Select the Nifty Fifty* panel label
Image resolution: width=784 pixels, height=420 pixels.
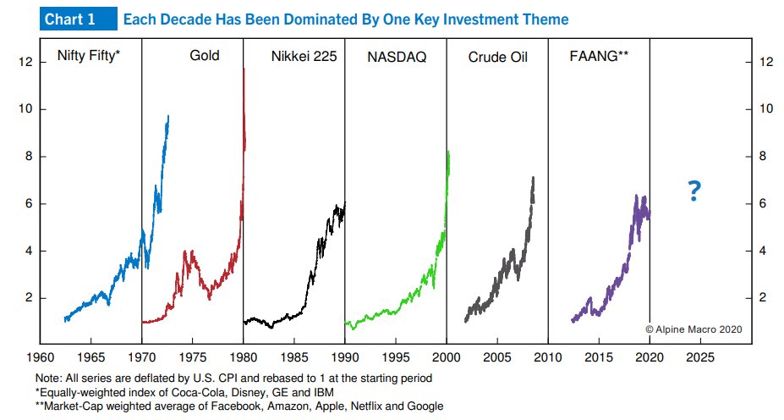coord(87,57)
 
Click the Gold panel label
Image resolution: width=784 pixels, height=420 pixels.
coord(204,57)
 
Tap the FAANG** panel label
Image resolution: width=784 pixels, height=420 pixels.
coord(600,57)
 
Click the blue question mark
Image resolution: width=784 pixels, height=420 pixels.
coord(694,192)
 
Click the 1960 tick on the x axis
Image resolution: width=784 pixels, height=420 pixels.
coord(40,358)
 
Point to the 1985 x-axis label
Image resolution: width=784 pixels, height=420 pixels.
coord(294,358)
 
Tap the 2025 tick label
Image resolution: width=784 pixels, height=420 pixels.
coord(700,358)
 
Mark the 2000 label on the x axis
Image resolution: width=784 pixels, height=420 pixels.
coord(447,358)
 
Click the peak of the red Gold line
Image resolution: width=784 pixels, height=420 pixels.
coord(244,69)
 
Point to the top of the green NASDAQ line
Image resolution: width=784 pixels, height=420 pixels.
coord(447,152)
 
